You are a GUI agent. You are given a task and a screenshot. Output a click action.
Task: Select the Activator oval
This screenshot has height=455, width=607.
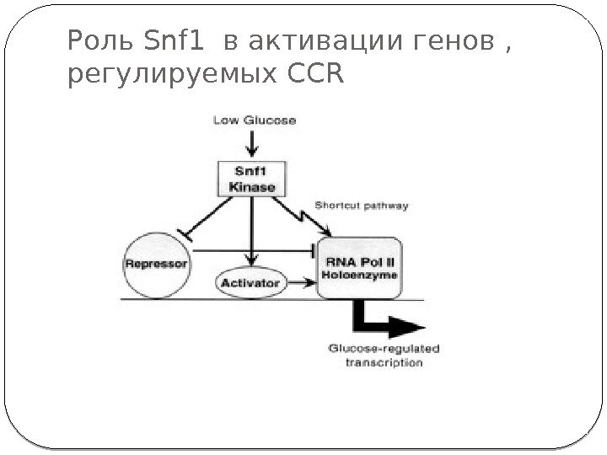point(250,283)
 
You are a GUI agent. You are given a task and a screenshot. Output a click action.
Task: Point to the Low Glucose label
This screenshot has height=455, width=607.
point(254,120)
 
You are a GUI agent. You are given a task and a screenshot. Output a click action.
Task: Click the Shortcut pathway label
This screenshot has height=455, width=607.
point(363,204)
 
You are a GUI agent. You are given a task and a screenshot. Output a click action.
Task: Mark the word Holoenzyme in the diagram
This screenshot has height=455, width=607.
point(363,275)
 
